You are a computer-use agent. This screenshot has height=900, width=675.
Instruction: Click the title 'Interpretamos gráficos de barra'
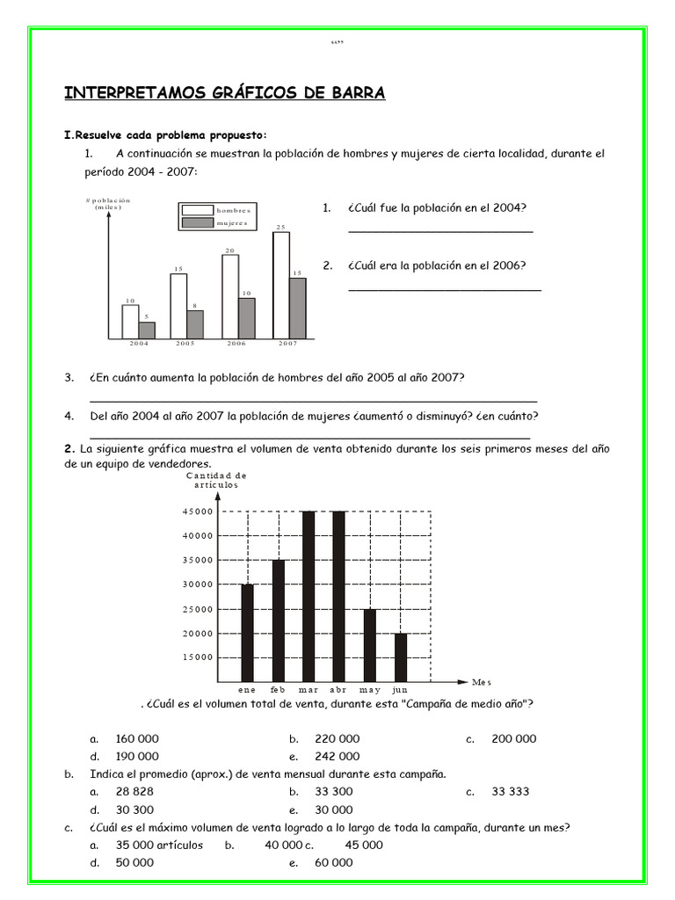224,93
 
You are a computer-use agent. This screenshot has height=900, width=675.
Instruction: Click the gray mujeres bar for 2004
147,330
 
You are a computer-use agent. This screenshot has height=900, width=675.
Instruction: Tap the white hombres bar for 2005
178,306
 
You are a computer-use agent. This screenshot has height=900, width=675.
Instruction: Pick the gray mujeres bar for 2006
247,317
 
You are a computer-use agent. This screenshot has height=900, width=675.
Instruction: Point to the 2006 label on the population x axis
236,344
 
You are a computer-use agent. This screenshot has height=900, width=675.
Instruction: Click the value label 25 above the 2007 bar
281,228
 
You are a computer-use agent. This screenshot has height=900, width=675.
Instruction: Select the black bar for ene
248,632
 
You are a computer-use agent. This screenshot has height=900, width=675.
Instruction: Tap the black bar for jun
401,657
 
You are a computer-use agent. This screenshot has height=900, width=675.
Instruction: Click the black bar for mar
308,596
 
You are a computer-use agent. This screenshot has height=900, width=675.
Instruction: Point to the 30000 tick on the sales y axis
198,584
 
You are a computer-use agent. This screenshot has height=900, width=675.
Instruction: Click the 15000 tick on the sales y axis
198,657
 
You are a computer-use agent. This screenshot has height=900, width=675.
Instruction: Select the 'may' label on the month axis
370,691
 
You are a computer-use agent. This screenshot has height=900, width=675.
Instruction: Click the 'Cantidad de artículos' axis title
211,480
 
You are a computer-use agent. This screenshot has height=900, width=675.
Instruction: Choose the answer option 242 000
337,756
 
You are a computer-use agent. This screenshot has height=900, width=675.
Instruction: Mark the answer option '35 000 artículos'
159,845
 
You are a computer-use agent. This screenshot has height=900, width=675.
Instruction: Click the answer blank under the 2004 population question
440,232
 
